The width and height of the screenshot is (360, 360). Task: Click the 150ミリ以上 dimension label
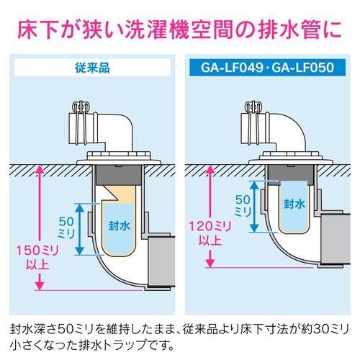tap(32, 257)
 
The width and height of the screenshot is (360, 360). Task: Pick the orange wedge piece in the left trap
tap(115, 192)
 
